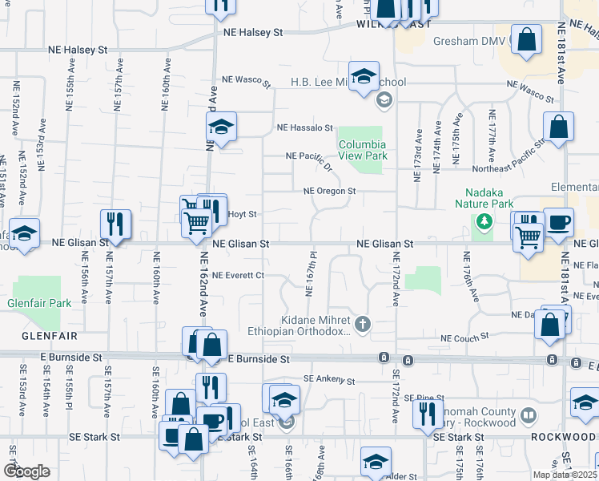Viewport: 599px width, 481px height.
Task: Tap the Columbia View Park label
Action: pyautogui.click(x=362, y=151)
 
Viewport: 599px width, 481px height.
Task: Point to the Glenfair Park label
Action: pyautogui.click(x=39, y=303)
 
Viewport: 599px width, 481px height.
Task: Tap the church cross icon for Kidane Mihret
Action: pyautogui.click(x=363, y=324)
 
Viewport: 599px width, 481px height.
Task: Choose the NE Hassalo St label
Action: pyautogui.click(x=304, y=127)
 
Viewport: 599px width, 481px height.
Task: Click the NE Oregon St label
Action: pyautogui.click(x=329, y=191)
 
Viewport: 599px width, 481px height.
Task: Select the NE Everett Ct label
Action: pyautogui.click(x=238, y=275)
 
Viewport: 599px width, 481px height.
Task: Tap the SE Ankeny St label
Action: pyautogui.click(x=328, y=380)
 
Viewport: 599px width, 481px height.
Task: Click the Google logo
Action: pyautogui.click(x=26, y=471)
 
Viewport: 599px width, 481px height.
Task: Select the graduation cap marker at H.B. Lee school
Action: pyautogui.click(x=364, y=77)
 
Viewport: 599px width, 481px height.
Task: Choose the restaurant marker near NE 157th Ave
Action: pyautogui.click(x=115, y=224)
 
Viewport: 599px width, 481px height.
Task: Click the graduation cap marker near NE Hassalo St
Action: pyautogui.click(x=221, y=127)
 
